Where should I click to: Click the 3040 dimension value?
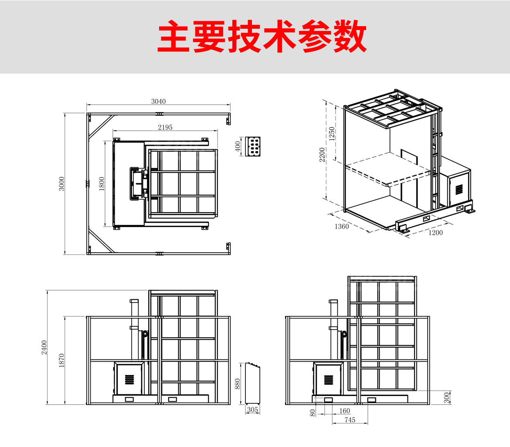coord(158,101)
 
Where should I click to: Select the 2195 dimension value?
coord(165,127)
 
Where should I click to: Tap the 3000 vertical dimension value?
coord(61,183)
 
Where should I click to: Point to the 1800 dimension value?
coord(101,183)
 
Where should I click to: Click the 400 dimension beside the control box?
coord(238,146)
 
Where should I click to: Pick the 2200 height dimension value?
coord(322,155)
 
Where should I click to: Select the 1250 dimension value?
coord(332,134)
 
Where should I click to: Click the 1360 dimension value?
coord(341,226)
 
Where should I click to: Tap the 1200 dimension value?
coord(435,232)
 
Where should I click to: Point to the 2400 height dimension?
coord(44,347)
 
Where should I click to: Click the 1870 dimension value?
coord(61,360)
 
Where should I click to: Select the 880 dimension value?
coord(238,383)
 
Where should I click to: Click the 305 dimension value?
coord(252,410)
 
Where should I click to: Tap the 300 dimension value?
coord(446,397)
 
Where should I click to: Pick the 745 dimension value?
coord(350,420)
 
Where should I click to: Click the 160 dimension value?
coord(344,410)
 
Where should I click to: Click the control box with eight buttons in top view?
coord(253,146)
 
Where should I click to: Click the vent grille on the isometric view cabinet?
coord(459,189)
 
